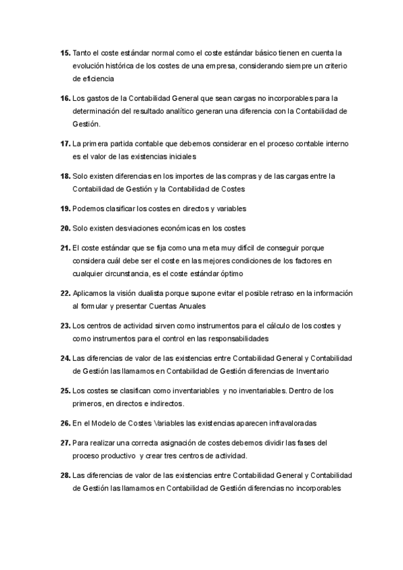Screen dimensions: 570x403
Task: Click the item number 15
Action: point(65,52)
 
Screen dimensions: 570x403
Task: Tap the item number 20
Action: point(65,228)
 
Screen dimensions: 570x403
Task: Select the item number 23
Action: point(65,326)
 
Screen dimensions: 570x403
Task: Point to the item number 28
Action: point(65,476)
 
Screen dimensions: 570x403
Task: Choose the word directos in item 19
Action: point(202,208)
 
